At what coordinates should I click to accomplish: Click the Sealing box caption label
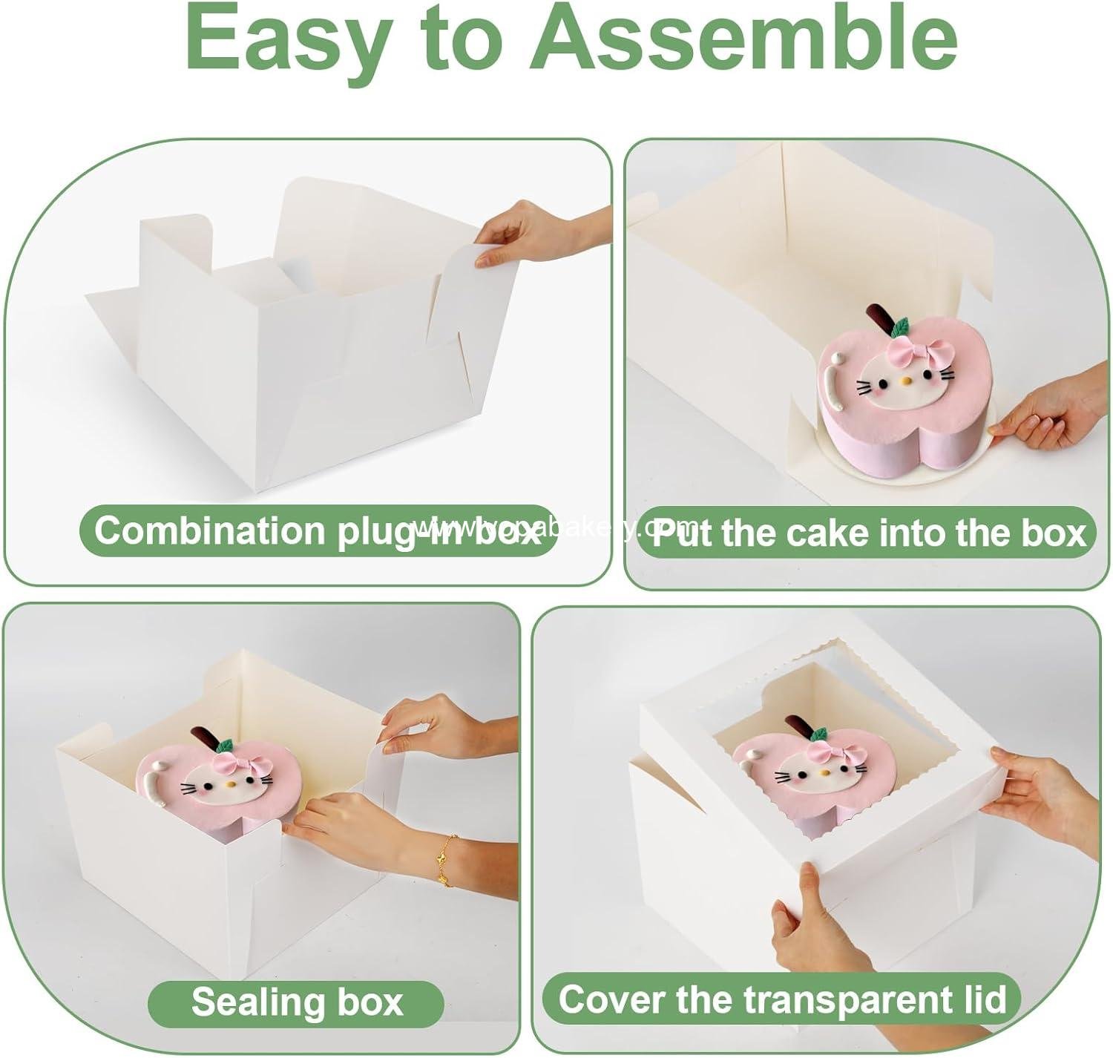click(x=297, y=1002)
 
